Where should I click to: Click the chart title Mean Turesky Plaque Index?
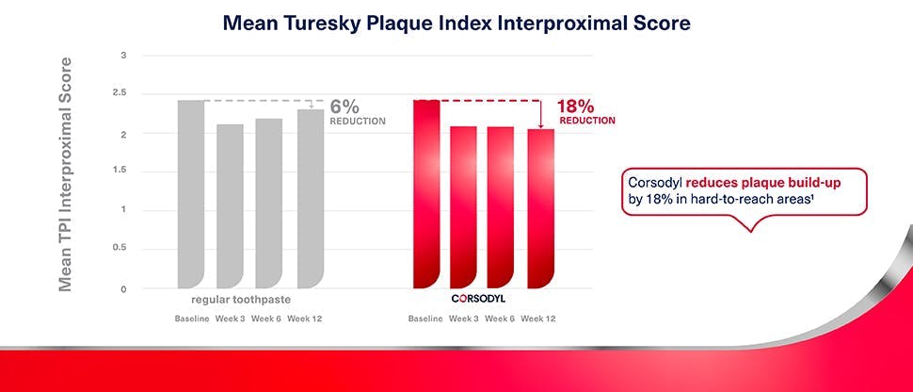coord(456,23)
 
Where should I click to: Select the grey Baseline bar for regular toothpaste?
coord(191,194)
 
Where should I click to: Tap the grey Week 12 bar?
coord(310,199)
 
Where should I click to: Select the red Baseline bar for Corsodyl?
coord(426,194)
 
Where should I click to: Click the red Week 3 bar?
coord(463,207)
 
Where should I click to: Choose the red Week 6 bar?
coord(500,207)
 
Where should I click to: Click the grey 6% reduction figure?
coord(345,106)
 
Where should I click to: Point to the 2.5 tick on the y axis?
coord(119,92)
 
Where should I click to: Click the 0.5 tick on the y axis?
coord(119,248)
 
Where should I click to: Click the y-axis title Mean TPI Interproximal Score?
coord(66,173)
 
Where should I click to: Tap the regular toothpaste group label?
coord(234,299)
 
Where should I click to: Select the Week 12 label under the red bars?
coord(537,318)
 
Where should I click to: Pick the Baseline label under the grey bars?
coord(191,318)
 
